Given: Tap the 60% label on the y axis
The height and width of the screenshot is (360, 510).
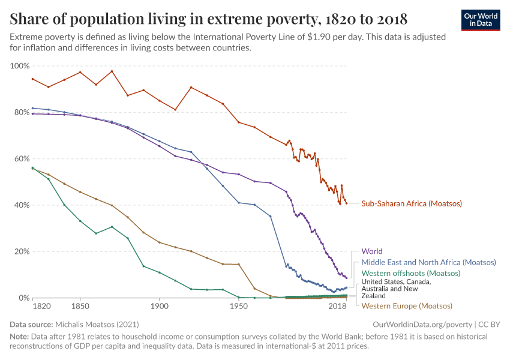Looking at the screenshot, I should [x=21, y=158].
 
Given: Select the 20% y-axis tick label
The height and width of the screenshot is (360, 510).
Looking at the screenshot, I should [x=21, y=251].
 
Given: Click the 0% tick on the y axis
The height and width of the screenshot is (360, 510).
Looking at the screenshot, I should [x=23, y=298].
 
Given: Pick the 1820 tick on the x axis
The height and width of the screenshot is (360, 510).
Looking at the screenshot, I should [x=41, y=307].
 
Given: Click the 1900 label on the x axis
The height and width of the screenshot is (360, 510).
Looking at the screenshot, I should [x=159, y=307].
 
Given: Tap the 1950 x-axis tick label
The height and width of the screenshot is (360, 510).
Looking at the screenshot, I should [x=239, y=307].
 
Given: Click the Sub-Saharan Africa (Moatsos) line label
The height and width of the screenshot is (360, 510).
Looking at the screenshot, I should [x=412, y=203].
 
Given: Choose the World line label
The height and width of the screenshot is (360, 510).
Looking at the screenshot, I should [x=371, y=251].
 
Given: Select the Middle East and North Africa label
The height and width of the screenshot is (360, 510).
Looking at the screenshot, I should [x=428, y=262].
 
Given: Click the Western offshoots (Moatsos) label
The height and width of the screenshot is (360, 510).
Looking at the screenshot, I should [x=410, y=273].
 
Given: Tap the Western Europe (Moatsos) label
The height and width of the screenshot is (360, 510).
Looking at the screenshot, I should [x=406, y=306].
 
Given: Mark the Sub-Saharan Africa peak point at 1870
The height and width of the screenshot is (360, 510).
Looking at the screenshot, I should [x=112, y=71].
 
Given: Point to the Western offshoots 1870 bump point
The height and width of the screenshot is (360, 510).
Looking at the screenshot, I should [x=112, y=227].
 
